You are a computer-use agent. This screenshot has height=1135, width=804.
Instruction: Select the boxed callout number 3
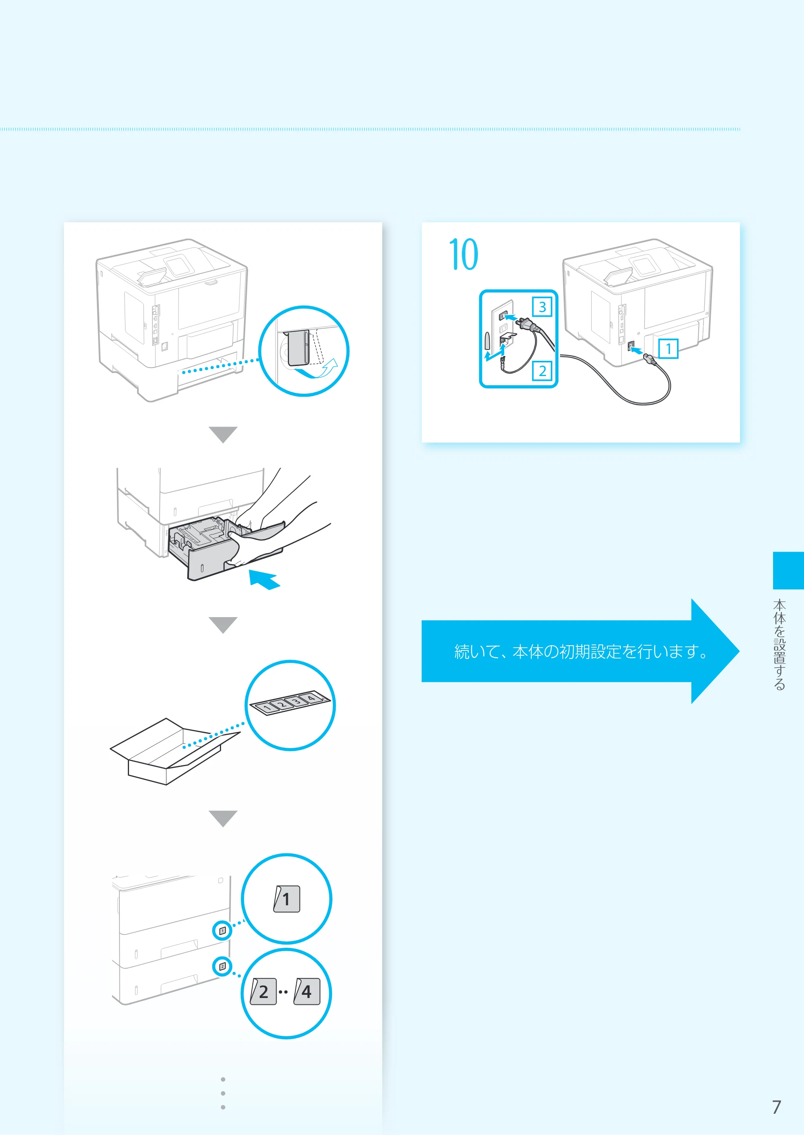tap(542, 307)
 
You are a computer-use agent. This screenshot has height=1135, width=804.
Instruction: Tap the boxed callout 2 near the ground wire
tap(542, 370)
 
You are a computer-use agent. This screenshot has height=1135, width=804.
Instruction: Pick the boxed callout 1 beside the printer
tap(669, 348)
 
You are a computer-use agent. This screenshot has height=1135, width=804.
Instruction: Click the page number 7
tap(776, 1107)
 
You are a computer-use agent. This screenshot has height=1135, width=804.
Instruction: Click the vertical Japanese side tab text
tap(780, 644)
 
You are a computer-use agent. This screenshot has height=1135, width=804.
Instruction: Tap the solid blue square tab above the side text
tap(788, 571)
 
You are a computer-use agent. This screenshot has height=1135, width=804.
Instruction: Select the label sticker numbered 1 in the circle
tap(287, 898)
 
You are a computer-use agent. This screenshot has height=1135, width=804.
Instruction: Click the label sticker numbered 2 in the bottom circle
tap(263, 991)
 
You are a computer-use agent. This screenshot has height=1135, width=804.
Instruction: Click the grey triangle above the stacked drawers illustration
tap(223, 818)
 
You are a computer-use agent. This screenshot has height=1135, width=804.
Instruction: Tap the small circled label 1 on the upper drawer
tap(222, 930)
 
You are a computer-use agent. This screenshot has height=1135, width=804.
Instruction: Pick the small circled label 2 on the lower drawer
tap(222, 966)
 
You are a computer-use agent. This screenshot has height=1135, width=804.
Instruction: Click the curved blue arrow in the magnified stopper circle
tap(317, 371)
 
